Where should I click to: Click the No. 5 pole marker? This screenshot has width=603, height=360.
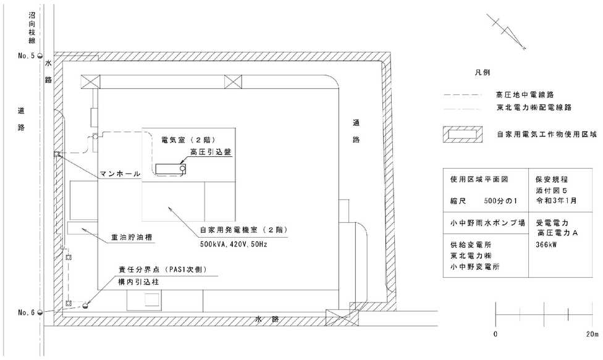40,56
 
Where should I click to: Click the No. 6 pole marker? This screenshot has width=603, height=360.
40,312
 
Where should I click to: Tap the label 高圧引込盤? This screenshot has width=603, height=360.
211,152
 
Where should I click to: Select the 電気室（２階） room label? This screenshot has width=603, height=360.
188,140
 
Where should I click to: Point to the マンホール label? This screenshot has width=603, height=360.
120,174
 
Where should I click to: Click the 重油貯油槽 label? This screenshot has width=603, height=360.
132,238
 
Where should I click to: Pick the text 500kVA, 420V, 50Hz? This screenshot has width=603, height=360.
233,244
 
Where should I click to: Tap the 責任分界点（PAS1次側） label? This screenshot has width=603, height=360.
162,270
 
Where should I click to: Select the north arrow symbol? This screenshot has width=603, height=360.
506,32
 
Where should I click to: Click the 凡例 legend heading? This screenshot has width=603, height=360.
483,72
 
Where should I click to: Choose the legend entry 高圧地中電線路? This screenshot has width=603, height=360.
525,94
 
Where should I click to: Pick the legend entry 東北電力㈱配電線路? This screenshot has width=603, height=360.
534,107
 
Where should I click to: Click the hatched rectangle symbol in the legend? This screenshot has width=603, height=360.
462,135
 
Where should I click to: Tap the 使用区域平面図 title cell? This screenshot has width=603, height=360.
479,180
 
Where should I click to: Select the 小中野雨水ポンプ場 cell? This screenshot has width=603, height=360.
487,223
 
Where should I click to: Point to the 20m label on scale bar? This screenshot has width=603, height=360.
592,334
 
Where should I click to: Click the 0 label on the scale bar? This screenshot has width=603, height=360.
495,334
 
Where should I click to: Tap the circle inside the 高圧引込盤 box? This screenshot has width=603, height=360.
182,168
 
